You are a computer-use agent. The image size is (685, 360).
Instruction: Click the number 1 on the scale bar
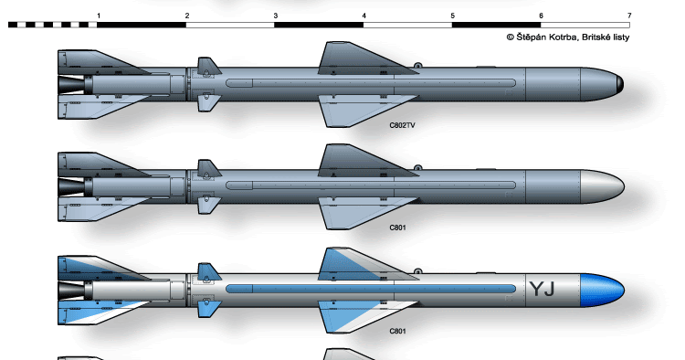pyautogui.click(x=98, y=16)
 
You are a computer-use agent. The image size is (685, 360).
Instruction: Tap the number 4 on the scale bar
pyautogui.click(x=364, y=16)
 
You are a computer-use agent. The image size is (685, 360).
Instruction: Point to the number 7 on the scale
pyautogui.click(x=628, y=16)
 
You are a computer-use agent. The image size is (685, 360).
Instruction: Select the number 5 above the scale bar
pyautogui.click(x=452, y=16)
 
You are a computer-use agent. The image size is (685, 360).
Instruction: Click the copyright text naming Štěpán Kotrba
pyautogui.click(x=566, y=37)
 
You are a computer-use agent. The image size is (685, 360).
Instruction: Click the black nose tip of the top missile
pyautogui.click(x=620, y=84)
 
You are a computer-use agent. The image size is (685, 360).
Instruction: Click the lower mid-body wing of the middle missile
pyautogui.click(x=356, y=213)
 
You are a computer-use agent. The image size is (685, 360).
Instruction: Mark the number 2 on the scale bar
pyautogui.click(x=186, y=16)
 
